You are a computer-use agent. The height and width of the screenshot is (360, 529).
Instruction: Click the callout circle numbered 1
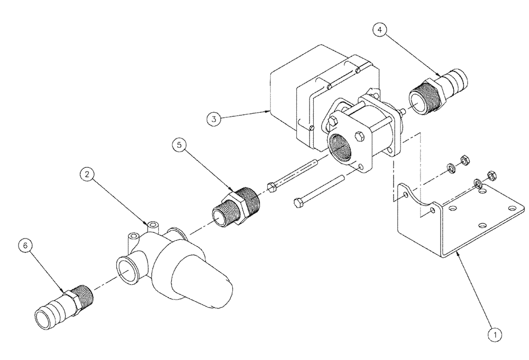point(494,334)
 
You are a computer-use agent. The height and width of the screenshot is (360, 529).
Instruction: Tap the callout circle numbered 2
point(88,174)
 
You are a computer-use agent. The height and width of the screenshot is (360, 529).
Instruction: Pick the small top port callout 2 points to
point(153,226)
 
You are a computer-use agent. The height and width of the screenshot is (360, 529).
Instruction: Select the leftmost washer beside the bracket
point(450,168)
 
